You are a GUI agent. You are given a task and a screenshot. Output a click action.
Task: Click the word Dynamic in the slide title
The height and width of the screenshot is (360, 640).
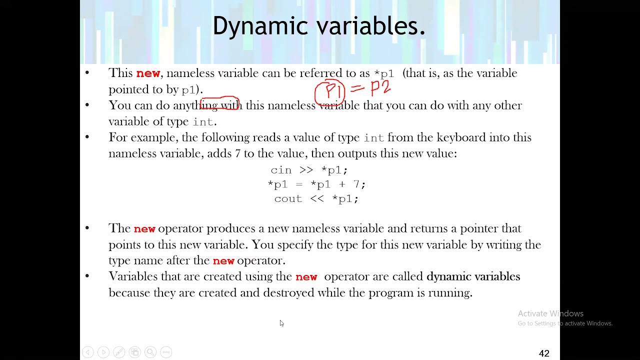pyautogui.click(x=260, y=26)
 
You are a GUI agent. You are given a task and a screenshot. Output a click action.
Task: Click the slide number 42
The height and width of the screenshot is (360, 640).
pyautogui.click(x=544, y=353)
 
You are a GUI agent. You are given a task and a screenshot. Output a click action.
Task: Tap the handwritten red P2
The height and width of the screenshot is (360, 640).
pyautogui.click(x=380, y=87)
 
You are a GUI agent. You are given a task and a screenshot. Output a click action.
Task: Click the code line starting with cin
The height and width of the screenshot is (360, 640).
pyautogui.click(x=309, y=170)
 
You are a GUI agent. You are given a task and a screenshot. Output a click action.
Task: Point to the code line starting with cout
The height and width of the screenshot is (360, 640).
pyautogui.click(x=316, y=198)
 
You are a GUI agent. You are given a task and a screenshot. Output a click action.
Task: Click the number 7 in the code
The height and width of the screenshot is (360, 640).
pyautogui.click(x=356, y=184)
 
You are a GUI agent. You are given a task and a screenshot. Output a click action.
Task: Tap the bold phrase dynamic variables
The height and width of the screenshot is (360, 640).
pyautogui.click(x=473, y=276)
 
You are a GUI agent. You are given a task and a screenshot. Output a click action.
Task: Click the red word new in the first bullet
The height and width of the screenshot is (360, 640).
pyautogui.click(x=148, y=73)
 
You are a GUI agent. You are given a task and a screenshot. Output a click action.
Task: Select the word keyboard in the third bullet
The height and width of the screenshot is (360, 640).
pyautogui.click(x=461, y=137)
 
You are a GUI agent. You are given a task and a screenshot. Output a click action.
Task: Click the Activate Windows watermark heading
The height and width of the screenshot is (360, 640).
pyautogui.click(x=550, y=313)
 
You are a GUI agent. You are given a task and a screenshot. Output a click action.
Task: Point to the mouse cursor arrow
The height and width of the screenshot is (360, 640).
pyautogui.click(x=281, y=323)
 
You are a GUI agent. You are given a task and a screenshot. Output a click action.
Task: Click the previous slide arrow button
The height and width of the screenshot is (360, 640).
pyautogui.click(x=87, y=352)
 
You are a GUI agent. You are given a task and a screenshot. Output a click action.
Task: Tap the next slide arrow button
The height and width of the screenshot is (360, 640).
pyautogui.click(x=103, y=352)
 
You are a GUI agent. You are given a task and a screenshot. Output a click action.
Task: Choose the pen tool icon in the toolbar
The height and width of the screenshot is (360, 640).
pyautogui.click(x=119, y=352)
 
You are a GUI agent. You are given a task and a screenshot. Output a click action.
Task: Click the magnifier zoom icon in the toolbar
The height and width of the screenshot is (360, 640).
pyautogui.click(x=150, y=352)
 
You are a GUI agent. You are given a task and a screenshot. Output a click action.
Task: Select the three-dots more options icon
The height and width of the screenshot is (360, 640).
pyautogui.click(x=166, y=352)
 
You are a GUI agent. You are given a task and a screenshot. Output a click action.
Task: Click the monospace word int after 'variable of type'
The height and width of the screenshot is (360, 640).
pyautogui.click(x=203, y=122)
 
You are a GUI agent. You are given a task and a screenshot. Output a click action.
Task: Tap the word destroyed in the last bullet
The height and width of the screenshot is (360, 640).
pyautogui.click(x=288, y=293)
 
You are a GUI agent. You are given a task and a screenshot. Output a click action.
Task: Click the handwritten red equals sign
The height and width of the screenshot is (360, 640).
pyautogui.click(x=357, y=88)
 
